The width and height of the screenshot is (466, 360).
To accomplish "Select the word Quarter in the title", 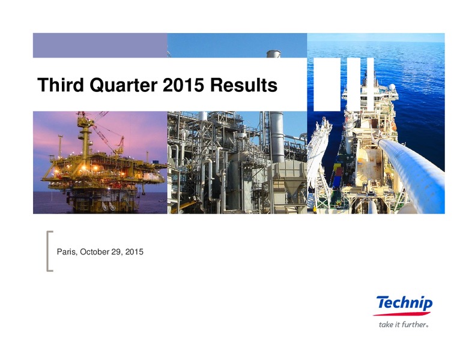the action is (123, 85).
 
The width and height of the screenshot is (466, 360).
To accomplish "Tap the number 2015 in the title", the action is (183, 85).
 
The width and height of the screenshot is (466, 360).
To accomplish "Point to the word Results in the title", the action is (244, 85).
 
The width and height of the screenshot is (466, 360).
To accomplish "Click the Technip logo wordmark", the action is (405, 303).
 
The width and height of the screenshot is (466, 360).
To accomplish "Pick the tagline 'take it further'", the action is (404, 325).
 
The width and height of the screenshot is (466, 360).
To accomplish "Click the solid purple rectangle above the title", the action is (100, 45).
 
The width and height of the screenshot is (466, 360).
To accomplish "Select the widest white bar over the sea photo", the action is (327, 85).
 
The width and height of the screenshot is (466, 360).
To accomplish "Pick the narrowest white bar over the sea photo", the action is (371, 85).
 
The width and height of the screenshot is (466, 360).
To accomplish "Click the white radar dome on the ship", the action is (392, 87).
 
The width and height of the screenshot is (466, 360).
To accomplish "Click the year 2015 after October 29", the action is (135, 252).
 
